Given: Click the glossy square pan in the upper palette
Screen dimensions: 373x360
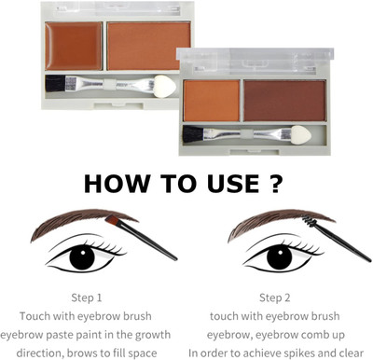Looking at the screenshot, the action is [x=74, y=46].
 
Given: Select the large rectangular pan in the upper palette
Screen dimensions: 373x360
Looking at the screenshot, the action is [x=149, y=46].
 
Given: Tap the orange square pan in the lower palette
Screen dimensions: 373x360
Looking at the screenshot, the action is [x=212, y=101].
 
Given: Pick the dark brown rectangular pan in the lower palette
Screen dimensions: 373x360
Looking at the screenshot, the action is [x=284, y=101].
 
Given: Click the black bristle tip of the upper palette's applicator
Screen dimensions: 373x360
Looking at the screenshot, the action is [x=55, y=84].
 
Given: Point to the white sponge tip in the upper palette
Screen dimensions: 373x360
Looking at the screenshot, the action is [x=165, y=86].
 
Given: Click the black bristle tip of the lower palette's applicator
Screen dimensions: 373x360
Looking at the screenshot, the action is [x=193, y=134].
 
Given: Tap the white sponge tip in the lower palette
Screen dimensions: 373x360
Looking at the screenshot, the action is [x=301, y=134].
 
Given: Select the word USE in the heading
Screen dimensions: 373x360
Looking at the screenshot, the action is [x=233, y=184].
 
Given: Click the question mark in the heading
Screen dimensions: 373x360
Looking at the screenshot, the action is [x=275, y=184].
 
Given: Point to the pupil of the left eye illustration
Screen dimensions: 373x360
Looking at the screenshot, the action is [x=82, y=256].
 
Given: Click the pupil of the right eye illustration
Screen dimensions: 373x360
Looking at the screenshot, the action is [x=280, y=257].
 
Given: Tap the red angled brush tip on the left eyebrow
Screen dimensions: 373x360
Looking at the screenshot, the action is [x=113, y=220].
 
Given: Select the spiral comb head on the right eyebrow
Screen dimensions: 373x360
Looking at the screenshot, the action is [x=310, y=221].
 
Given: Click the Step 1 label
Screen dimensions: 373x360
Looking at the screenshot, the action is [x=87, y=298].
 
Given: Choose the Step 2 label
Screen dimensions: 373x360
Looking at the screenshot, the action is [x=275, y=298].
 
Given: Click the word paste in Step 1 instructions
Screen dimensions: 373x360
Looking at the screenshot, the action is [x=61, y=335].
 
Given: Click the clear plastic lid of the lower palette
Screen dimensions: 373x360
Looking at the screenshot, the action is [x=255, y=59].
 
